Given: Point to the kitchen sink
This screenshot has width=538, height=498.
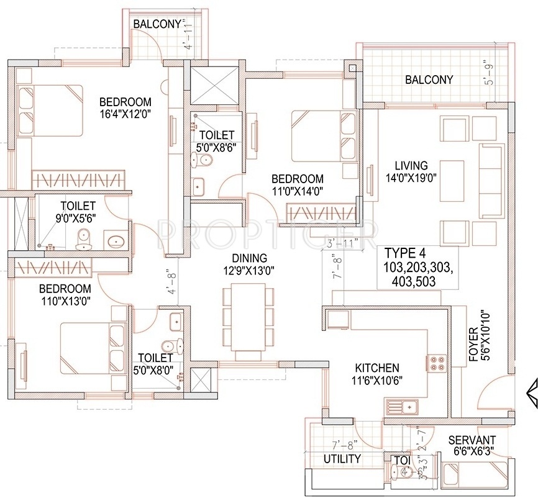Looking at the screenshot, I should (x=402, y=407).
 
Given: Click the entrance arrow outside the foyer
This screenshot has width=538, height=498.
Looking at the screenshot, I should (x=532, y=391).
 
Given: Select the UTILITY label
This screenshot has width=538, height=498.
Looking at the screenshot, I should (x=342, y=459).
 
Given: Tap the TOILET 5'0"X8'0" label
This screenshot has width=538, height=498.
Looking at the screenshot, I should (x=155, y=364).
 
